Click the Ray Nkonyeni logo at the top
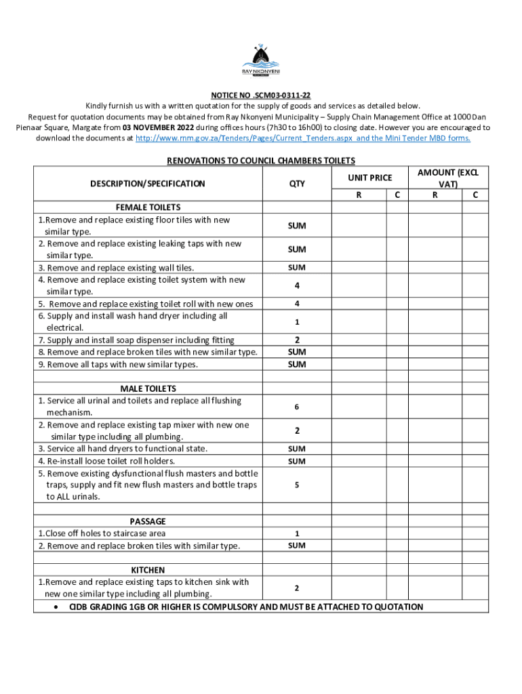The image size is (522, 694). point(261,60)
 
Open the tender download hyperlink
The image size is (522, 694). point(302,138)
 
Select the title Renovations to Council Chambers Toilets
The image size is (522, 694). point(261,161)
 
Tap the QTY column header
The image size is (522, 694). point(297,184)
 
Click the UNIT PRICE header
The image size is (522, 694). point(370,178)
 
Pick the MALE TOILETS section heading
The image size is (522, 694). point(148,389)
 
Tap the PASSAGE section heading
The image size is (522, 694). point(148,521)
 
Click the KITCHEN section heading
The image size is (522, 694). point(148,570)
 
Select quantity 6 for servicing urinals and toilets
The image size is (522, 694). point(297,407)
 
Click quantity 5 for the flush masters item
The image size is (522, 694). point(297,485)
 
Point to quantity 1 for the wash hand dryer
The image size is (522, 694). point(297,322)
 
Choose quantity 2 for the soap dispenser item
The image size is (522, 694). point(297,340)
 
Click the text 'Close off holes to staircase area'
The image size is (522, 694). point(107,533)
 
